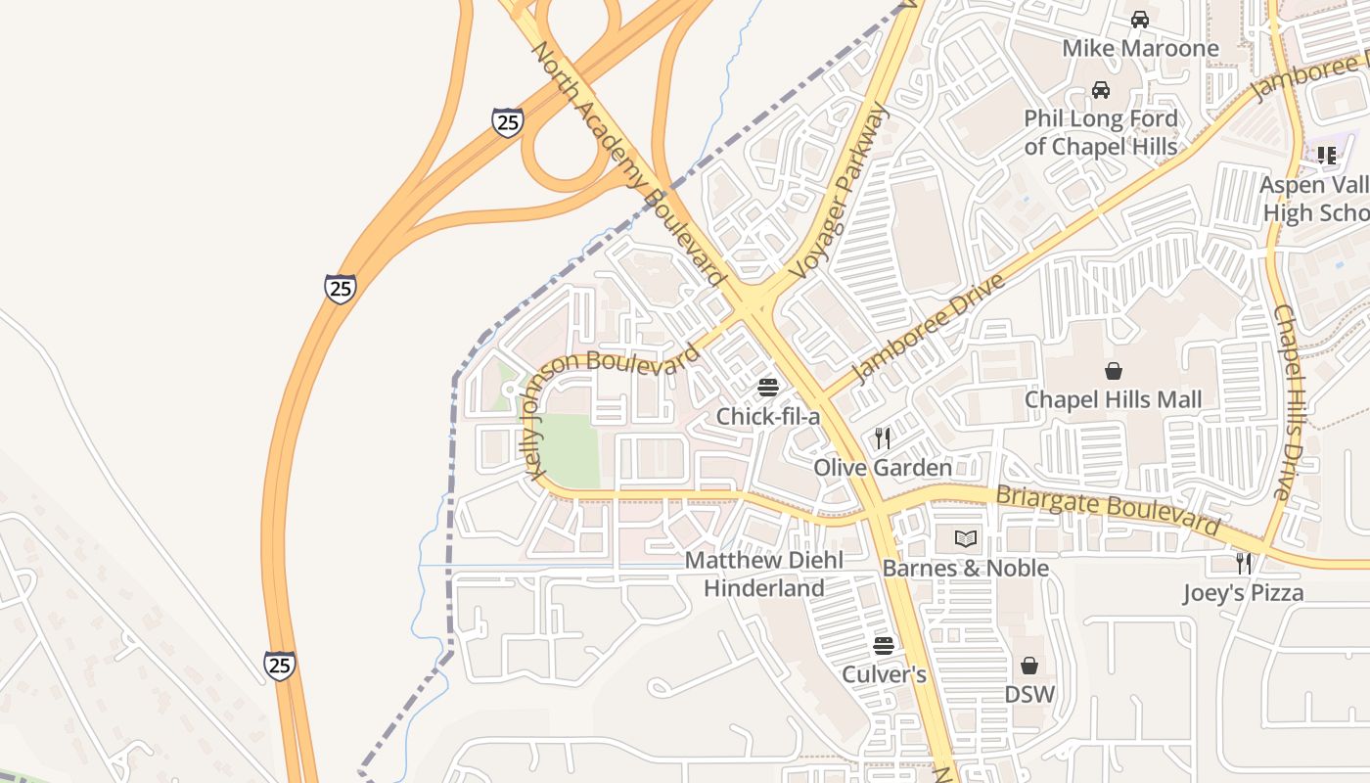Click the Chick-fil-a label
(x=767, y=417)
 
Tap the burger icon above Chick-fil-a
(x=768, y=388)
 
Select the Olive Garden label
(x=883, y=468)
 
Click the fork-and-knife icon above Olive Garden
(x=883, y=438)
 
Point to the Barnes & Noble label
(x=965, y=569)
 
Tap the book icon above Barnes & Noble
(x=966, y=538)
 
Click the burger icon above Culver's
(x=884, y=646)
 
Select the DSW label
(x=1029, y=695)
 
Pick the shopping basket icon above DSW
(x=1029, y=666)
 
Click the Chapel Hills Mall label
(x=1113, y=400)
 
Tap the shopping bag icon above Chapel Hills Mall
(x=1114, y=371)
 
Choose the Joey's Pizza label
(x=1243, y=593)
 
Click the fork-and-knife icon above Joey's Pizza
(x=1243, y=563)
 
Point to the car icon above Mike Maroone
(x=1139, y=20)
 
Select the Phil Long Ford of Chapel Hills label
(x=1101, y=133)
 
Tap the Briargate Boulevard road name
(x=1108, y=509)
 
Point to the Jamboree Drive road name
(x=928, y=329)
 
